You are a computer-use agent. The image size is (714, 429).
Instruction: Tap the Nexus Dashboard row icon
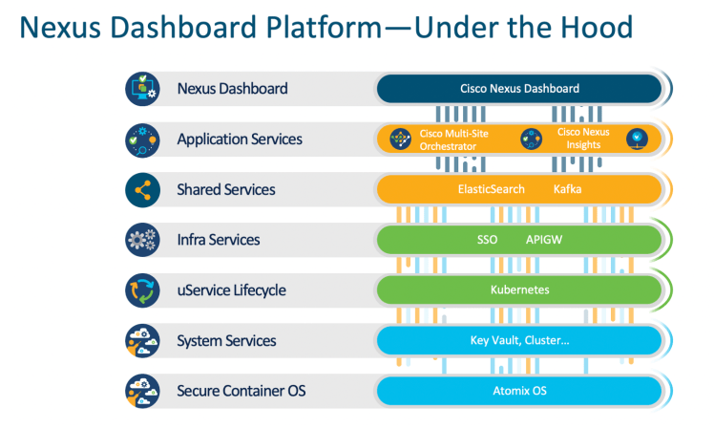point(141,89)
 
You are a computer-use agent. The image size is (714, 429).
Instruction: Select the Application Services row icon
point(141,139)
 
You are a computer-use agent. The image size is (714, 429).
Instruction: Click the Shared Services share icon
point(141,189)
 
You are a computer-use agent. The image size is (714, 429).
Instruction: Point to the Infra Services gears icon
point(141,240)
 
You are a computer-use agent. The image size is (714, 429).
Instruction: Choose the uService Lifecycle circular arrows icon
point(141,290)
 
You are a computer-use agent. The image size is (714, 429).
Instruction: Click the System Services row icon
point(141,341)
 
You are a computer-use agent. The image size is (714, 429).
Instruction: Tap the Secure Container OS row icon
point(141,391)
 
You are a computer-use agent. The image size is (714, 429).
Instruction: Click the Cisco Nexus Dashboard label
point(519,89)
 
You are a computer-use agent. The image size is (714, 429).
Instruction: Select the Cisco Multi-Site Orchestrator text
point(453,139)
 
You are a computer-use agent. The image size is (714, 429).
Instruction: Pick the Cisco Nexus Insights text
point(583,139)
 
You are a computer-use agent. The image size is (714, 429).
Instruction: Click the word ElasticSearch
point(492,189)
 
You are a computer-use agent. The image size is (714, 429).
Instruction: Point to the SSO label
point(487,240)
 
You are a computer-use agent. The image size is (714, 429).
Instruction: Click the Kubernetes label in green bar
point(519,290)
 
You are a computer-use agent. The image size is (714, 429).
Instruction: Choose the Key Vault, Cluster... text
point(519,341)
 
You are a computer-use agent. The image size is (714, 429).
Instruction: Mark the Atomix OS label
point(519,391)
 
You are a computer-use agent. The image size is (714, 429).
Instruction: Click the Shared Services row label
point(226,189)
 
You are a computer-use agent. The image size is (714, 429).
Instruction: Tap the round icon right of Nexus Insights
point(638,139)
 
